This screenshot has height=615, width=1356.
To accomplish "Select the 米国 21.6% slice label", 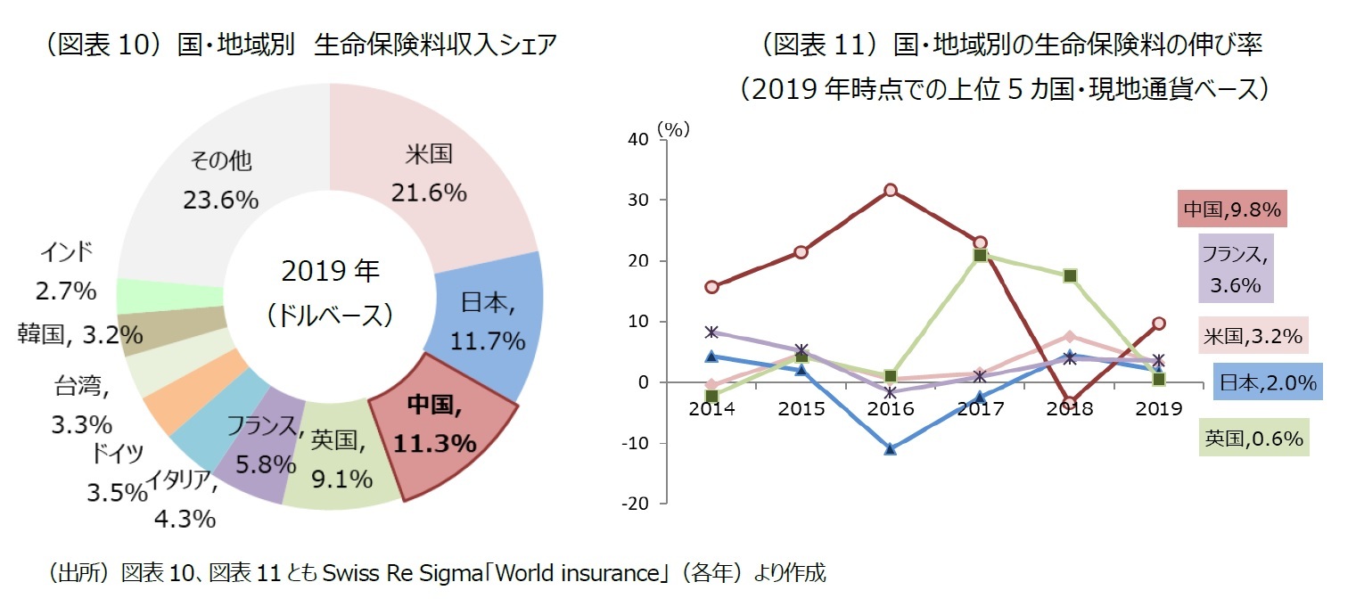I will (429, 173).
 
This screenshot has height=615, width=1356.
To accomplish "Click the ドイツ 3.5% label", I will (117, 472).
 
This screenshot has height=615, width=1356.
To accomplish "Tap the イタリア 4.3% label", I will (182, 500).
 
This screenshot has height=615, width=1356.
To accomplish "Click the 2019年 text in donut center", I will (330, 270).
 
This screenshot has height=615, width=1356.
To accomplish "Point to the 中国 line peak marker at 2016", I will (890, 190).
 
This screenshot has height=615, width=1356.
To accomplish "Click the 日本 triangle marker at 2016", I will (890, 449).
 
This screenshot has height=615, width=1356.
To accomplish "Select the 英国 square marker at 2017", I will (980, 256).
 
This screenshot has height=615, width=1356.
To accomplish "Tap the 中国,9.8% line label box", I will (1231, 209).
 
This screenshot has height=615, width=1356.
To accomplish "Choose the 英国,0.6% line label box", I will (1253, 438).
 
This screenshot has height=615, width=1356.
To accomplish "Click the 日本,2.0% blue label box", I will (1267, 382).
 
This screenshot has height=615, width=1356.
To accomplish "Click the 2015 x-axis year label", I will (801, 409).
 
